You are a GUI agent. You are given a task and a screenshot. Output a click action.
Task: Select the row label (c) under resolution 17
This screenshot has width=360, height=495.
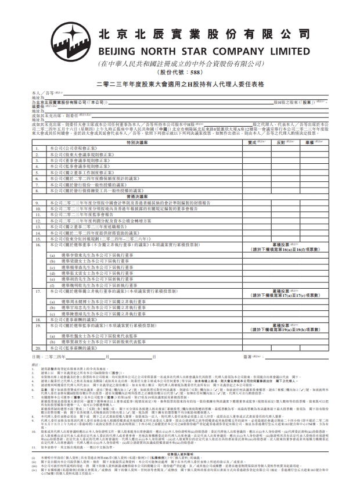pos(53,314)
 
